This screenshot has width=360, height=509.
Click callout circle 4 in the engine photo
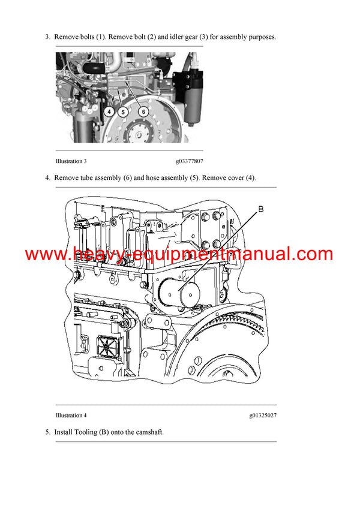point(109,112)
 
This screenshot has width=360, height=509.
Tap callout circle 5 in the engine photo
point(123,112)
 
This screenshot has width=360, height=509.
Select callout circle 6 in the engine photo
point(143,112)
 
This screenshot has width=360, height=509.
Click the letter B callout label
point(260,209)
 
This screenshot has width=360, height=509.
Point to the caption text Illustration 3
point(71,161)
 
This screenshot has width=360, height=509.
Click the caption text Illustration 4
point(71,415)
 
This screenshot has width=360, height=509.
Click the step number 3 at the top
point(47,37)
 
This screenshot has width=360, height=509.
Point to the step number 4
point(47,177)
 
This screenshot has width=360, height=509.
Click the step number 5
point(47,432)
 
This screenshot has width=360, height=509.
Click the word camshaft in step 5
point(148,432)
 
